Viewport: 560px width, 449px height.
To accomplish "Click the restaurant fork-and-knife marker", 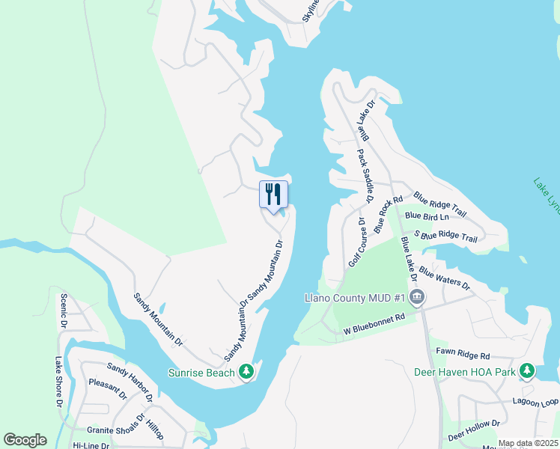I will (x=272, y=195).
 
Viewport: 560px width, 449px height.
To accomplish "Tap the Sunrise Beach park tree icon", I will (x=246, y=372).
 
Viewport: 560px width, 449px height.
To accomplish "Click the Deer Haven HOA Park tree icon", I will (x=527, y=371).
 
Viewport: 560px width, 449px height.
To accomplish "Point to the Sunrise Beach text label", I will (x=201, y=373).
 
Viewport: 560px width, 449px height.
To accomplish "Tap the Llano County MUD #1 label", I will (x=354, y=298).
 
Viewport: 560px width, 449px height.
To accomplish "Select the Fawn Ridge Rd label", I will (x=463, y=355).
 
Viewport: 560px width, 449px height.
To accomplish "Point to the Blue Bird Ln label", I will (x=427, y=216).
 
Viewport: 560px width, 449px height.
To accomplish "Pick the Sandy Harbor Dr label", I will (x=130, y=381).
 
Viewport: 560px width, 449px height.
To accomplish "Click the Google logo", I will (x=25, y=440).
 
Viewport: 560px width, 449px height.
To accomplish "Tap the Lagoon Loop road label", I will (x=535, y=400).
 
